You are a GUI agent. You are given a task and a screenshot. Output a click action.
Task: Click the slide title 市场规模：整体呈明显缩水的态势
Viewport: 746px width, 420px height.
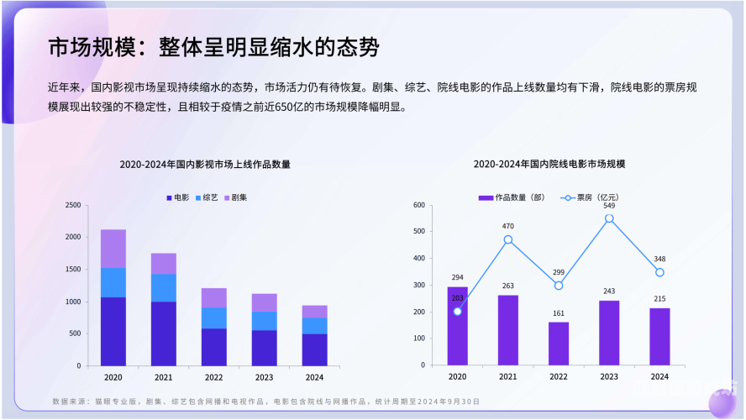[213, 47]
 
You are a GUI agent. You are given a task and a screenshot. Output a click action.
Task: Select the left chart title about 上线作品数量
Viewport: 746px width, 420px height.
[205, 165]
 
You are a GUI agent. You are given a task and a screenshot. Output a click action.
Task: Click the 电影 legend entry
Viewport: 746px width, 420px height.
[177, 197]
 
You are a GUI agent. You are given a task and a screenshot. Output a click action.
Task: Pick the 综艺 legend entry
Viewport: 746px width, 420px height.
[207, 197]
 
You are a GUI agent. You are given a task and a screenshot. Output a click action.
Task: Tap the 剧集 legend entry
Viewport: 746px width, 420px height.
[235, 197]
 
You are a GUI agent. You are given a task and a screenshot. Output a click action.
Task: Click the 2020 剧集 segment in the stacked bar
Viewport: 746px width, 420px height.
[113, 249]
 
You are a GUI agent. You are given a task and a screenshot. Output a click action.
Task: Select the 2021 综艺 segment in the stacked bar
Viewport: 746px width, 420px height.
[163, 287]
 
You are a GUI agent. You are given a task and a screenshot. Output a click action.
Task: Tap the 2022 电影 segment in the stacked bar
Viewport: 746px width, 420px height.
[213, 347]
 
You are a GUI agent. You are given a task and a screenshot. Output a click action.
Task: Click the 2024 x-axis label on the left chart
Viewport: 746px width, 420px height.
[314, 377]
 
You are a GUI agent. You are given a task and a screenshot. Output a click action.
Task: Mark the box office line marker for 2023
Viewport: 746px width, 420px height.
[609, 218]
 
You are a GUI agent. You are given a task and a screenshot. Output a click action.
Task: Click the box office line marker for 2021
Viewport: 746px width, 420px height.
[508, 239]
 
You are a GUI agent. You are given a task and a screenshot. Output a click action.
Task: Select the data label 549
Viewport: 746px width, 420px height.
[609, 206]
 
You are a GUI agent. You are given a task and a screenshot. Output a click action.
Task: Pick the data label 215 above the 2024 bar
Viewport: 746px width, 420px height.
[659, 299]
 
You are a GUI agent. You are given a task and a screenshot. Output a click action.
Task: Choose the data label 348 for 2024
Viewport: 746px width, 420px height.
[659, 259]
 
